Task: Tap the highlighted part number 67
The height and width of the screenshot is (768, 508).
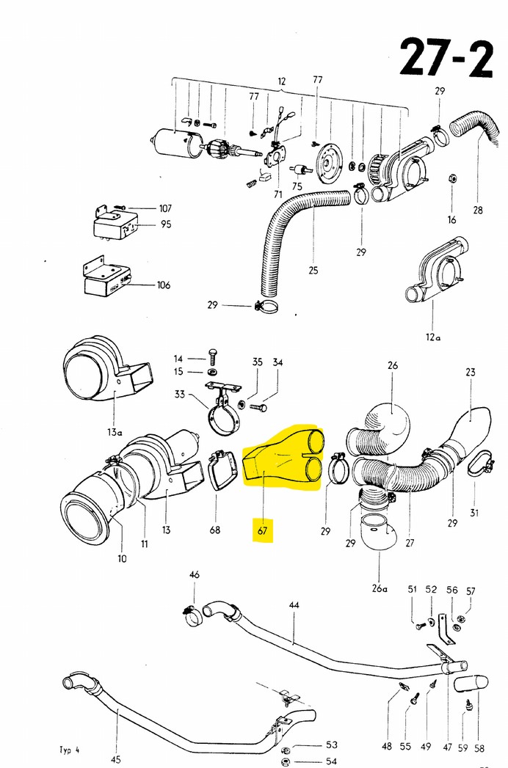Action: click(263, 530)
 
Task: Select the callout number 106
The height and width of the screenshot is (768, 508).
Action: click(163, 285)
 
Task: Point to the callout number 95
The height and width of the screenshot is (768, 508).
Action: click(166, 224)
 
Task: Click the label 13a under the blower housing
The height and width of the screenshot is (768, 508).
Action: click(115, 431)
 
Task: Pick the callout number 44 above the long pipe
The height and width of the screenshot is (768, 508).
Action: click(294, 605)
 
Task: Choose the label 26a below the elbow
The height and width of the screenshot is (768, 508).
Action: click(380, 588)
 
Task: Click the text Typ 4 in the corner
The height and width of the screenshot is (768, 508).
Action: click(69, 750)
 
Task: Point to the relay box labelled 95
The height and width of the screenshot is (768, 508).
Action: click(116, 224)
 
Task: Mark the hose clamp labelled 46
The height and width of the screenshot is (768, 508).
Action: click(193, 615)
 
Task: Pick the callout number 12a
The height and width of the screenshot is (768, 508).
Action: click(433, 337)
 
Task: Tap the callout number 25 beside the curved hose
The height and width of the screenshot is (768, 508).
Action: click(313, 270)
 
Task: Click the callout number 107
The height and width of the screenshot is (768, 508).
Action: click(165, 208)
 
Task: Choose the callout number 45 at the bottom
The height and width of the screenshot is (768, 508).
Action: click(116, 760)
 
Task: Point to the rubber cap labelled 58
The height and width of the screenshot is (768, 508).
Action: click(471, 684)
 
